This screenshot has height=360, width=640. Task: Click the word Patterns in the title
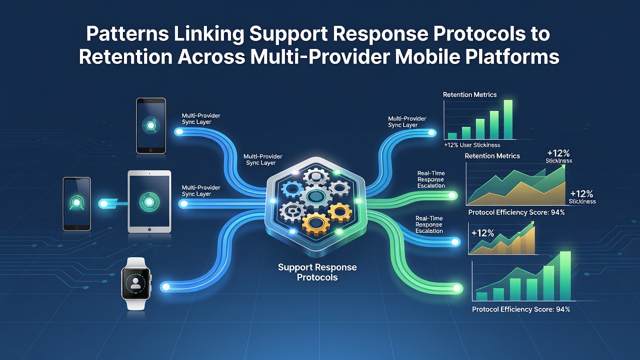[x=127, y=33]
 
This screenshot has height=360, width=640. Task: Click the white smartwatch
[x=136, y=283]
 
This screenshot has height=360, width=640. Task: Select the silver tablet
[x=149, y=201]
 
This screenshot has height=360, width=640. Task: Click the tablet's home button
[x=149, y=229]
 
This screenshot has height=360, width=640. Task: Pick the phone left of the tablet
[x=76, y=203]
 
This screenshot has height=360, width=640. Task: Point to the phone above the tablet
[x=151, y=125]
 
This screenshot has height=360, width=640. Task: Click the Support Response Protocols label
[x=317, y=272]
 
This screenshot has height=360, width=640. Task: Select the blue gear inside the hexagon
[x=292, y=189]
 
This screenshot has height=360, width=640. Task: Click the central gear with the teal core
[x=315, y=196]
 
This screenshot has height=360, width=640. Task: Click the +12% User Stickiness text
[x=472, y=145]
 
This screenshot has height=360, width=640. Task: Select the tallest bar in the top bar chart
[x=507, y=119]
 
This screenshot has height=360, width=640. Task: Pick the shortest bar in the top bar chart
[x=452, y=135]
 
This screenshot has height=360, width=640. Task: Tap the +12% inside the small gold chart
[x=482, y=233]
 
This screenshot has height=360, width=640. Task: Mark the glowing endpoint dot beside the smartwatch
[x=165, y=287]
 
